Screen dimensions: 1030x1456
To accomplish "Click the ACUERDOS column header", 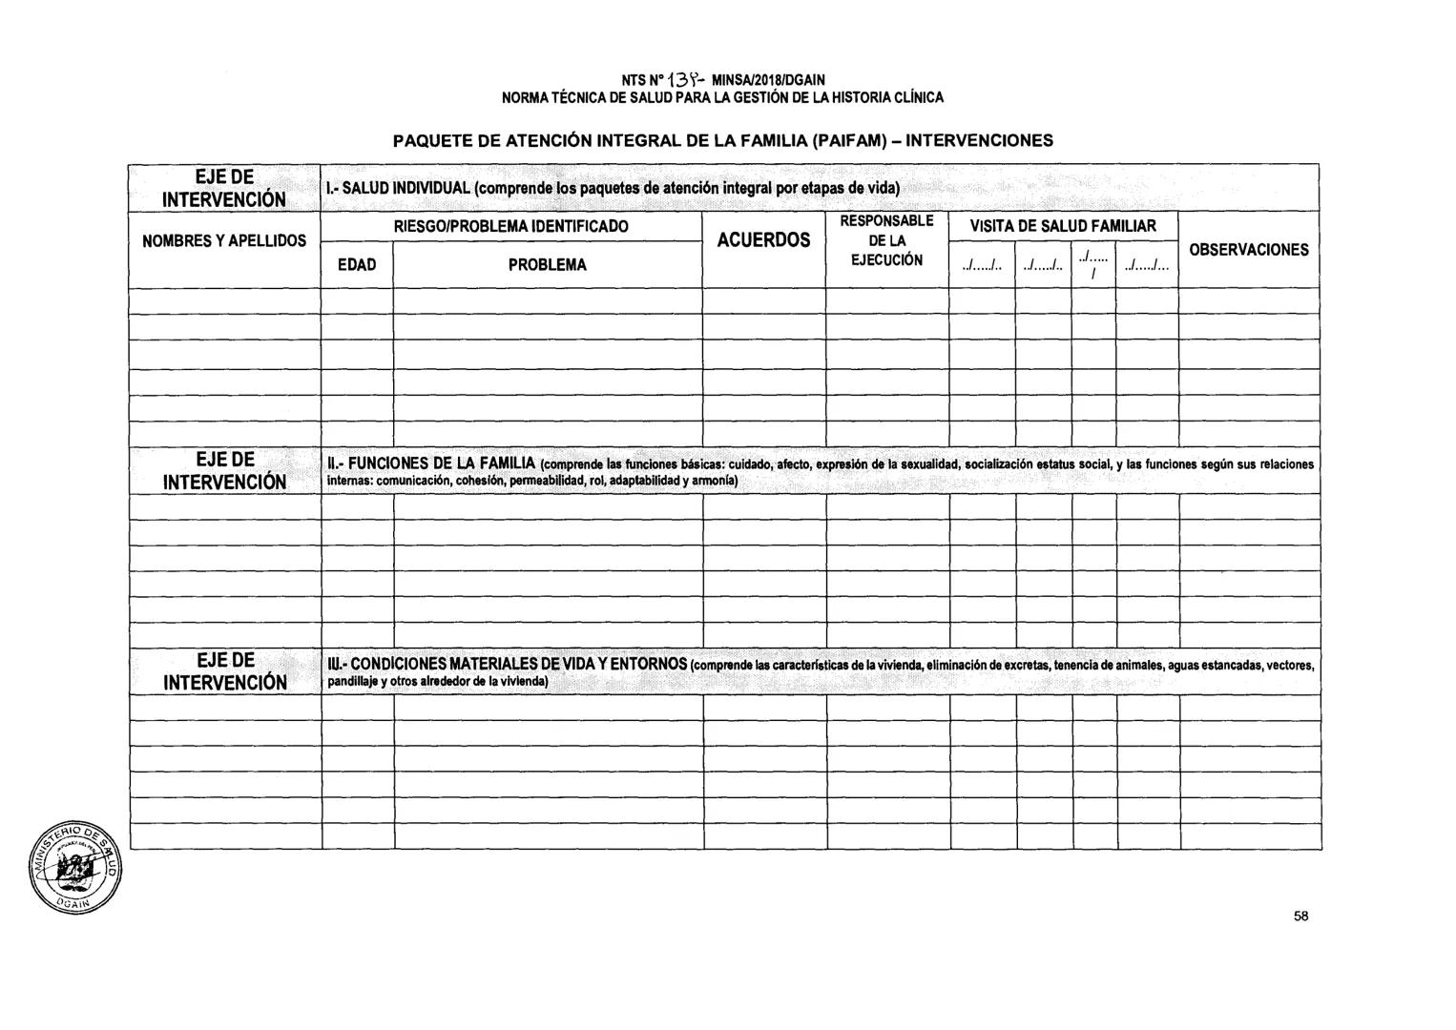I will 763,239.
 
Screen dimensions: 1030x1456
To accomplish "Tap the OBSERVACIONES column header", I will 1248,250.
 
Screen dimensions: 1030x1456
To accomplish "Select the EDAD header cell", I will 357,265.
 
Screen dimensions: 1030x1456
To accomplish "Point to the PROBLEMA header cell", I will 547,265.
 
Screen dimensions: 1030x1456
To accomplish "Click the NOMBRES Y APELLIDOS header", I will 224,241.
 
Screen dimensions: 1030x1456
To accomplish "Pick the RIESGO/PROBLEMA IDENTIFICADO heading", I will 511,227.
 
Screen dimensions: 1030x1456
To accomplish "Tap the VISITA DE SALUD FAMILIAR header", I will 1062,226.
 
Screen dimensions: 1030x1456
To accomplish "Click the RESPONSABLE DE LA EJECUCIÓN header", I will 886,240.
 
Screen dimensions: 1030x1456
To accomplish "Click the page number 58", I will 1301,917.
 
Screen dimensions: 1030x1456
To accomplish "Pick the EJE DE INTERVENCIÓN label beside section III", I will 225,671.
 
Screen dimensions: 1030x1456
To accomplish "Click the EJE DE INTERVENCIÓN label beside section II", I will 225,470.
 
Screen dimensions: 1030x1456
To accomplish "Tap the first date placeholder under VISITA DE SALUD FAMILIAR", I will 981,267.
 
